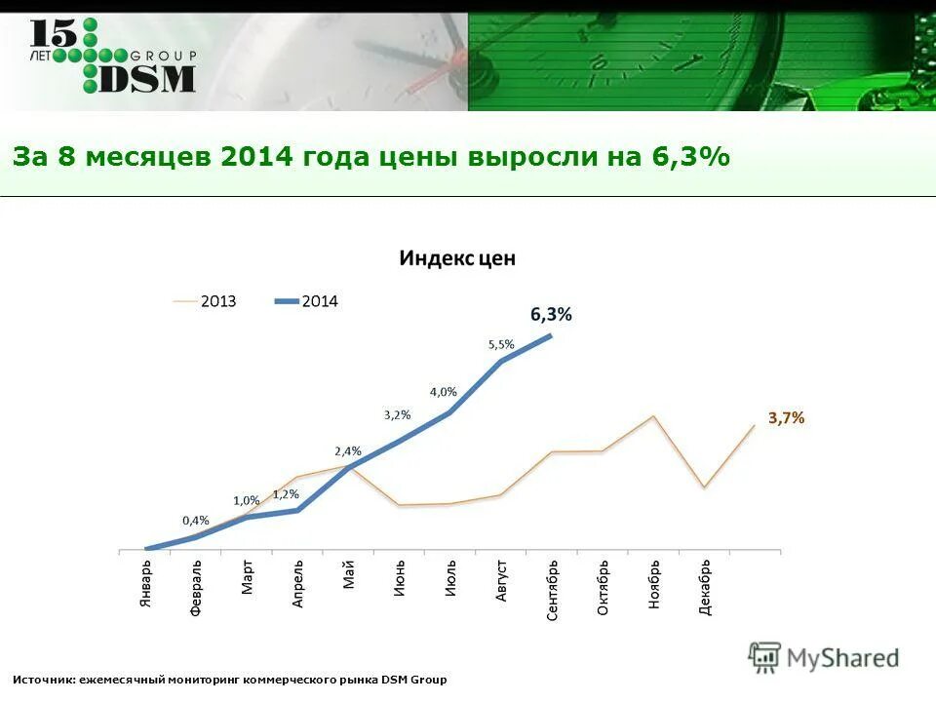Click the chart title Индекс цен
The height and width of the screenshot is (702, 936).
point(456,258)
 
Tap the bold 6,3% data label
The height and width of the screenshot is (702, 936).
point(551,314)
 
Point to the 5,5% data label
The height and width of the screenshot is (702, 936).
point(501,344)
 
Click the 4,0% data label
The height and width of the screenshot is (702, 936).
point(443,392)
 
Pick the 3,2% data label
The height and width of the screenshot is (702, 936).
point(397,414)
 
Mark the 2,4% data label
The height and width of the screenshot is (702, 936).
point(348,451)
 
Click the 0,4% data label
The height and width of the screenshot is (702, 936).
point(196,520)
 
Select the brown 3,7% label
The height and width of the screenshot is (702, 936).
point(786,417)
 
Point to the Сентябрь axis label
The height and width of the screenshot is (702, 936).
point(553,590)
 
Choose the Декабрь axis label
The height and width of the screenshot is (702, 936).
point(705,588)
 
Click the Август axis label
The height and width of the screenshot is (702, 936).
point(501,580)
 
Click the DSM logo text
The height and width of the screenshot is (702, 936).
point(147,77)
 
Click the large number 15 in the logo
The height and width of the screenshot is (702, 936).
point(51,32)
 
